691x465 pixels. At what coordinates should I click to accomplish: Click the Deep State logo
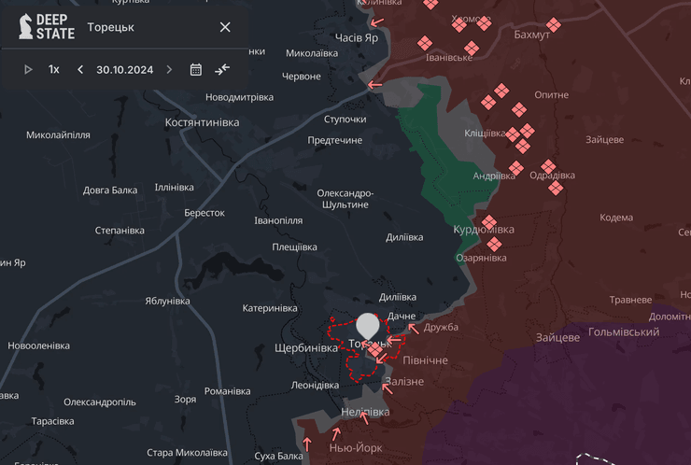[x=47, y=26]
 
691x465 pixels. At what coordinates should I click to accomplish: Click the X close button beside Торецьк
[x=225, y=27]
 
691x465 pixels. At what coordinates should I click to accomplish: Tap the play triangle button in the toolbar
[x=28, y=69]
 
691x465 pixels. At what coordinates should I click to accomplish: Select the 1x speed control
[x=54, y=69]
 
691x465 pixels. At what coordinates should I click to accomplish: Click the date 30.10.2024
[x=124, y=69]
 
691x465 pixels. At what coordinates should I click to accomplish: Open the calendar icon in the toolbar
[x=196, y=69]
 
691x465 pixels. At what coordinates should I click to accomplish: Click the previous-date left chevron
[x=80, y=69]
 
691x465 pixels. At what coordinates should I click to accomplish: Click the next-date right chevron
[x=169, y=69]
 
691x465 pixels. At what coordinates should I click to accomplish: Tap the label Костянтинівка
[x=202, y=122]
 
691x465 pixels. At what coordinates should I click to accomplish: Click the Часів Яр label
[x=357, y=37]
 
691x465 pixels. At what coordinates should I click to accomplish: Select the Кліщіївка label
[x=486, y=134]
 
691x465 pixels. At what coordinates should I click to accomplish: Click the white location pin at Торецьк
[x=368, y=326]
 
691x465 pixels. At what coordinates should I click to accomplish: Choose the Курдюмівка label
[x=484, y=230]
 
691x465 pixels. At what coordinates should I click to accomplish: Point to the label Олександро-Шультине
[x=345, y=198]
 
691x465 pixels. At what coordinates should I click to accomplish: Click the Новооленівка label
[x=38, y=345]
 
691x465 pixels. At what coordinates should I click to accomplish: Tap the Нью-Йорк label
[x=356, y=447]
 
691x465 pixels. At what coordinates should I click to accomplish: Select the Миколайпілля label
[x=58, y=135]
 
